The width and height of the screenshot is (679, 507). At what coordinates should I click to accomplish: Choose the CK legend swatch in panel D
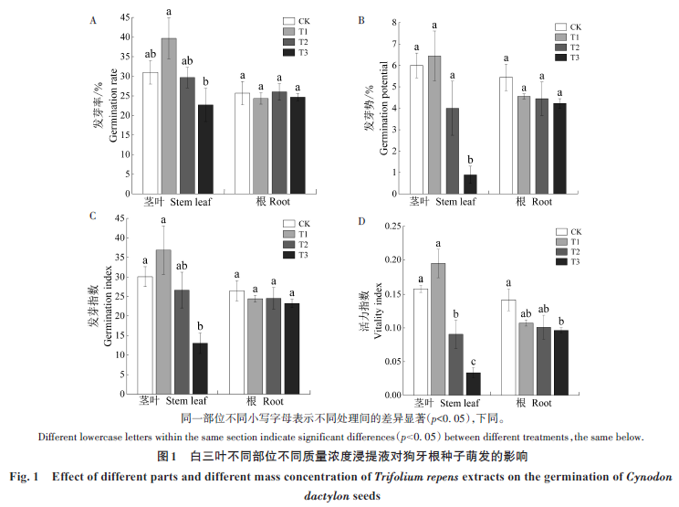[563, 232]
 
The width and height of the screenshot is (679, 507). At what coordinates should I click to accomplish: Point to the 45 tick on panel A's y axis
[127, 16]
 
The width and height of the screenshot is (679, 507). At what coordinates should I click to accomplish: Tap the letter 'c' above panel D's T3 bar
[473, 362]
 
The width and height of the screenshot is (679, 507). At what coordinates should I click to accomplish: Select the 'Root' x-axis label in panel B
[542, 201]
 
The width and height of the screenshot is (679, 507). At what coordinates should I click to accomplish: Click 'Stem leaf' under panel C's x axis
[188, 401]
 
